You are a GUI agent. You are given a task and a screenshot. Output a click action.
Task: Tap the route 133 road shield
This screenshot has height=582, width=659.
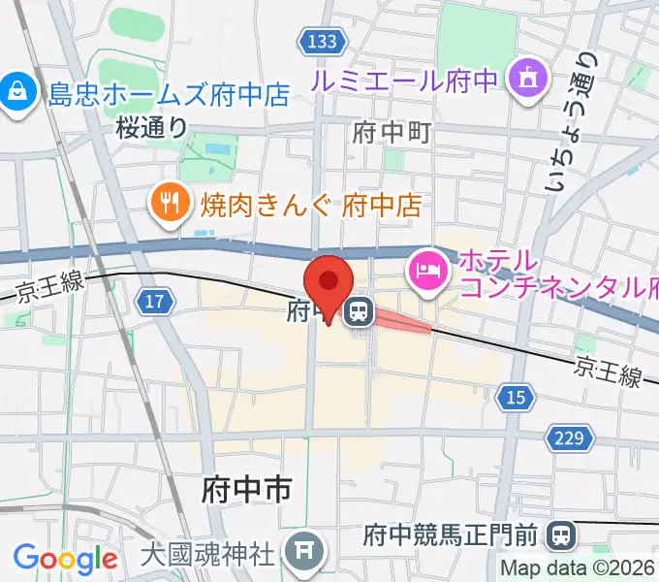[319, 42]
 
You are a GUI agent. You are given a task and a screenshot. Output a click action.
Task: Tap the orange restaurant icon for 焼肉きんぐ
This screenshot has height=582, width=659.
[171, 203]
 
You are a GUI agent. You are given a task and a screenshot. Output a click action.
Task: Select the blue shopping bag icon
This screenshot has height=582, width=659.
[16, 93]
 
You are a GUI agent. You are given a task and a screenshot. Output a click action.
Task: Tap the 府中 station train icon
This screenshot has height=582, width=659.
[360, 311]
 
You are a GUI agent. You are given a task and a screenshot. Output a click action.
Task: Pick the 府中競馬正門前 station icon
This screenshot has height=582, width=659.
[560, 533]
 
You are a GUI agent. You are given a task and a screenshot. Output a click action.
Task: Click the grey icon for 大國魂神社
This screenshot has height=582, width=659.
[302, 555]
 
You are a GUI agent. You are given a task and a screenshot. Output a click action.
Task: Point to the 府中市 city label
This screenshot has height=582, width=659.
[246, 489]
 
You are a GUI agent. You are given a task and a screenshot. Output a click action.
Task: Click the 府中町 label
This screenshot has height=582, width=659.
[392, 131]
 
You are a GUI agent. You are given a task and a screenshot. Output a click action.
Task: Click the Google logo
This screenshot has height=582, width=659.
[65, 560]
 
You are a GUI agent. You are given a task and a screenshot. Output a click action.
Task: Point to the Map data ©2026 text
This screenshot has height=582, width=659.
[580, 568]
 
